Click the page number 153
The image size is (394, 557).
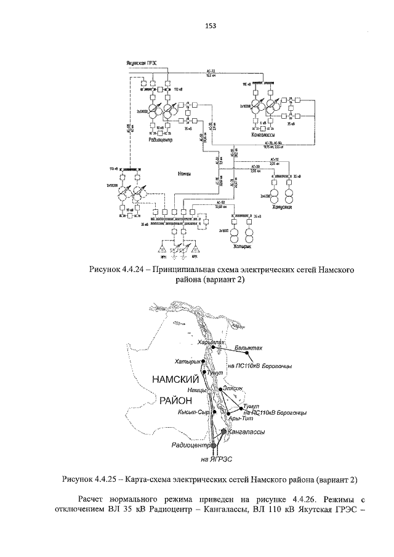point(209,26)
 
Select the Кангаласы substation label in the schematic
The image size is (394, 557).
point(263,134)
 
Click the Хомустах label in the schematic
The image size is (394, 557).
point(280,208)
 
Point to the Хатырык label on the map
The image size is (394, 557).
point(188,361)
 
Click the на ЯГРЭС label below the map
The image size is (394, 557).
point(213,460)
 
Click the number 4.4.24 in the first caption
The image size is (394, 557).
point(135,269)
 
